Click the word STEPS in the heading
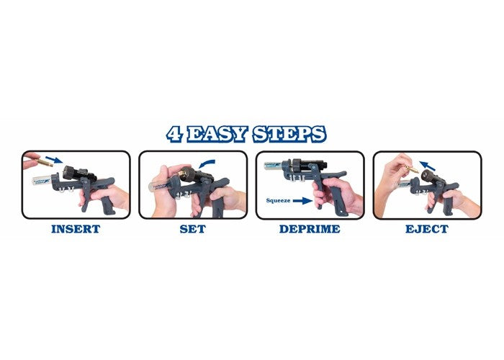pos(289,134)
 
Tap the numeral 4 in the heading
pos(175,134)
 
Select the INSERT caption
pos(76,229)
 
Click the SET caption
pos(193,229)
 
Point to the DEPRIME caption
pos(310,229)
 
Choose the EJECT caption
pos(427,229)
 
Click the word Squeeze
pos(278,201)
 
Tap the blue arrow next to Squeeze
pos(302,201)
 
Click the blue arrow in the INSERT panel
pos(54,159)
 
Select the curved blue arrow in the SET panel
pos(207,163)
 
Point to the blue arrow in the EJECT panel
pos(428,166)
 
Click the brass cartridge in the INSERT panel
pos(44,162)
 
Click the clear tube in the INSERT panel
pos(42,181)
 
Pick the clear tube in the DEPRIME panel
pos(273,166)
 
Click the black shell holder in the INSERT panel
pos(79,174)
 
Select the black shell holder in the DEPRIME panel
pos(309,165)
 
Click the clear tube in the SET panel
pos(161,186)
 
